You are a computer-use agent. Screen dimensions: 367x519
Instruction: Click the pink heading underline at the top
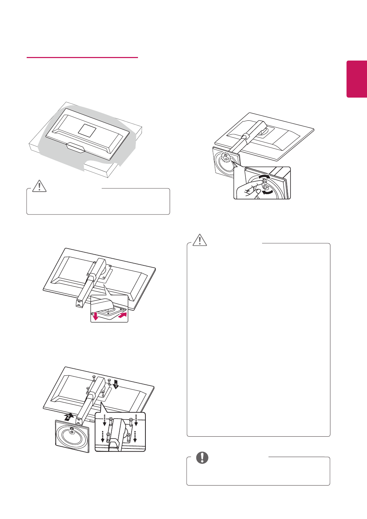coord(82,57)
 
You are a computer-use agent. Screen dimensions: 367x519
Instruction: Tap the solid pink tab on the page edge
coord(357,79)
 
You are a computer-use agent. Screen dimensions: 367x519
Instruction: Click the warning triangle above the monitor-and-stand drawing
coord(39,185)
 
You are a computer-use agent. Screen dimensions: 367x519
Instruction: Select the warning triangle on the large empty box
coord(200,240)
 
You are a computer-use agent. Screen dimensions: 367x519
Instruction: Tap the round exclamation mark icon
coord(202,458)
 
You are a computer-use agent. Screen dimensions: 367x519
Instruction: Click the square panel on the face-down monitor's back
coord(87,130)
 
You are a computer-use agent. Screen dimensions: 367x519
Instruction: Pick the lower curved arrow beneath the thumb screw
coord(267,192)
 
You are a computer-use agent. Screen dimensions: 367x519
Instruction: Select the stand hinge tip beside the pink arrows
coord(107,305)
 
